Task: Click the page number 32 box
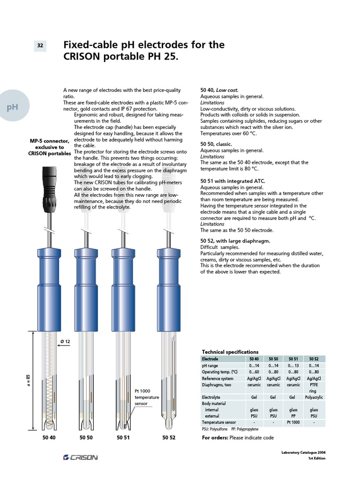click(40, 45)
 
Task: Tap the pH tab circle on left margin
click(13, 106)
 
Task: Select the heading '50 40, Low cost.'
click(219, 90)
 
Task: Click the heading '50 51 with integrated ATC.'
click(232, 181)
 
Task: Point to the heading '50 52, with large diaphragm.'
click(235, 241)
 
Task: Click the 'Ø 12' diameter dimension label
click(65, 342)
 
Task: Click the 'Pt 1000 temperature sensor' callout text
click(147, 397)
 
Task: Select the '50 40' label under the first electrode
click(49, 438)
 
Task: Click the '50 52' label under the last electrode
click(169, 438)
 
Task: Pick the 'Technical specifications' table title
click(230, 352)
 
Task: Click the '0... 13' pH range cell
click(293, 366)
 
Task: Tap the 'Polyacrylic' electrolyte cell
click(314, 397)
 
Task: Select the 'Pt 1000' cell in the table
click(293, 422)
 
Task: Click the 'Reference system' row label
click(217, 378)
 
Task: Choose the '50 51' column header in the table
click(293, 359)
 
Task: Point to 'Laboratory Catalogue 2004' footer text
click(303, 452)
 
